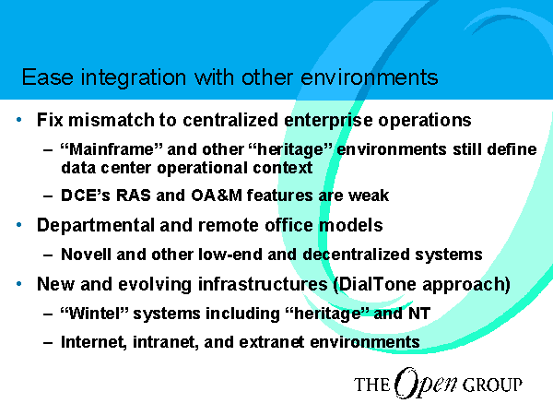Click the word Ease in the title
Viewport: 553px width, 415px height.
pyautogui.click(x=48, y=77)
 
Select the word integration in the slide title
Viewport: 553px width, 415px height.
pyautogui.click(x=134, y=78)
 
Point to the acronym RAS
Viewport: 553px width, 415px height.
pyautogui.click(x=134, y=196)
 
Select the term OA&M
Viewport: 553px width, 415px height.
pyautogui.click(x=217, y=196)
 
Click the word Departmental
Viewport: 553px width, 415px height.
pyautogui.click(x=96, y=226)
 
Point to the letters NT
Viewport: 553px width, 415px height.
pyautogui.click(x=419, y=313)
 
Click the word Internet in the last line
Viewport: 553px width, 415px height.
pyautogui.click(x=94, y=342)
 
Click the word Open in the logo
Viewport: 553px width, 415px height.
pyautogui.click(x=425, y=384)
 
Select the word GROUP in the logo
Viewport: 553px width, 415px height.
pyautogui.click(x=492, y=385)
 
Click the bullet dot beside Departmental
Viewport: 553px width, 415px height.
pyautogui.click(x=19, y=225)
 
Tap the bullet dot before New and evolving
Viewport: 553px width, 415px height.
pyautogui.click(x=19, y=283)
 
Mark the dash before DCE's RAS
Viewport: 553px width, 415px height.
pyautogui.click(x=48, y=196)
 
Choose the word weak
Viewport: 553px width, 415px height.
pyautogui.click(x=369, y=196)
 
